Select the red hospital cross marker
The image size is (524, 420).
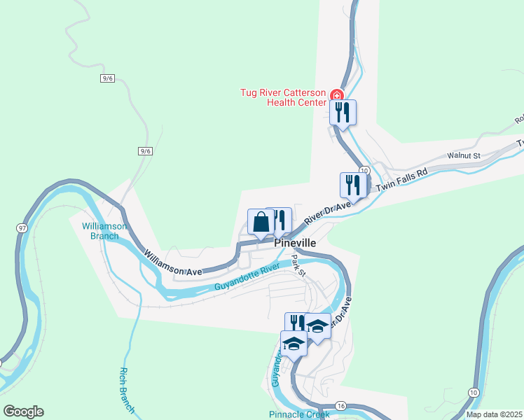(x=337, y=95)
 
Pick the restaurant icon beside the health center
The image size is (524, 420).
(x=343, y=112)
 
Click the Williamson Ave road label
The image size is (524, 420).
(x=173, y=262)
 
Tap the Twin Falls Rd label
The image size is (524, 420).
(x=402, y=181)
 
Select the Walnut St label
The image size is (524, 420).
(x=463, y=155)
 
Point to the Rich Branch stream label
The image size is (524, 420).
(x=127, y=391)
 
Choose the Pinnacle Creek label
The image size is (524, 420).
(x=299, y=414)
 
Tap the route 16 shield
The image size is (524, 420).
(x=341, y=406)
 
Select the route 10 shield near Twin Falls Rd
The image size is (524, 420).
(x=364, y=171)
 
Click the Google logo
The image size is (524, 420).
(x=23, y=412)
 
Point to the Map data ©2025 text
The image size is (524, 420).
(x=494, y=414)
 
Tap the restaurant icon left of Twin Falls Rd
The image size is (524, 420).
(x=352, y=185)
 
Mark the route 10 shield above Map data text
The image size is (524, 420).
(x=474, y=393)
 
